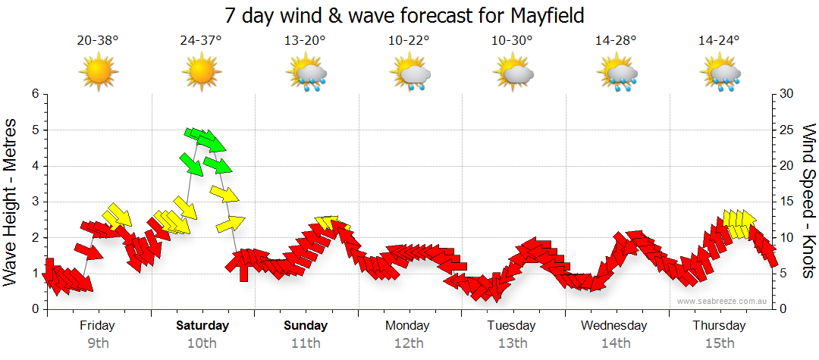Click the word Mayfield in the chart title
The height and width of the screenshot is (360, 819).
(x=543, y=15)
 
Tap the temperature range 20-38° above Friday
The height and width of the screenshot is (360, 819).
(x=98, y=41)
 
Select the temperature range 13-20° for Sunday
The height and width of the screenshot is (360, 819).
(x=305, y=41)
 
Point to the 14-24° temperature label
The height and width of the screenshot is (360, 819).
(x=719, y=41)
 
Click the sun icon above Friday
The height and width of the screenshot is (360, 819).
(x=98, y=73)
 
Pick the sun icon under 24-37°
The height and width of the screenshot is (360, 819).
(x=201, y=73)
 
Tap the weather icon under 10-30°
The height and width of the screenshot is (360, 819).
(x=513, y=74)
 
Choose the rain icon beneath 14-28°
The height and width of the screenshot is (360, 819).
(x=617, y=74)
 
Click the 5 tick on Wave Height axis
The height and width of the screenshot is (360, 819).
(x=34, y=130)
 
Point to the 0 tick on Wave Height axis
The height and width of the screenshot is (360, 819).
(x=34, y=309)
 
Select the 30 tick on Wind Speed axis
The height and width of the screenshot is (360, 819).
(x=786, y=94)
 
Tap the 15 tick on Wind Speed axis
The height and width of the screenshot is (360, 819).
(x=786, y=202)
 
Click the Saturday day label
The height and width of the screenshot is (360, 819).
(x=202, y=326)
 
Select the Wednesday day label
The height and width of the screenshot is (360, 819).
(x=614, y=326)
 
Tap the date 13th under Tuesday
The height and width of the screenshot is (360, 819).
(x=513, y=343)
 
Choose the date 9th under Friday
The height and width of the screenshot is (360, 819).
(x=98, y=343)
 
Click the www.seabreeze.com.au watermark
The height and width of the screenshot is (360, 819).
(x=723, y=301)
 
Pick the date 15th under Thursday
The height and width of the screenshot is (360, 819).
(x=719, y=343)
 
